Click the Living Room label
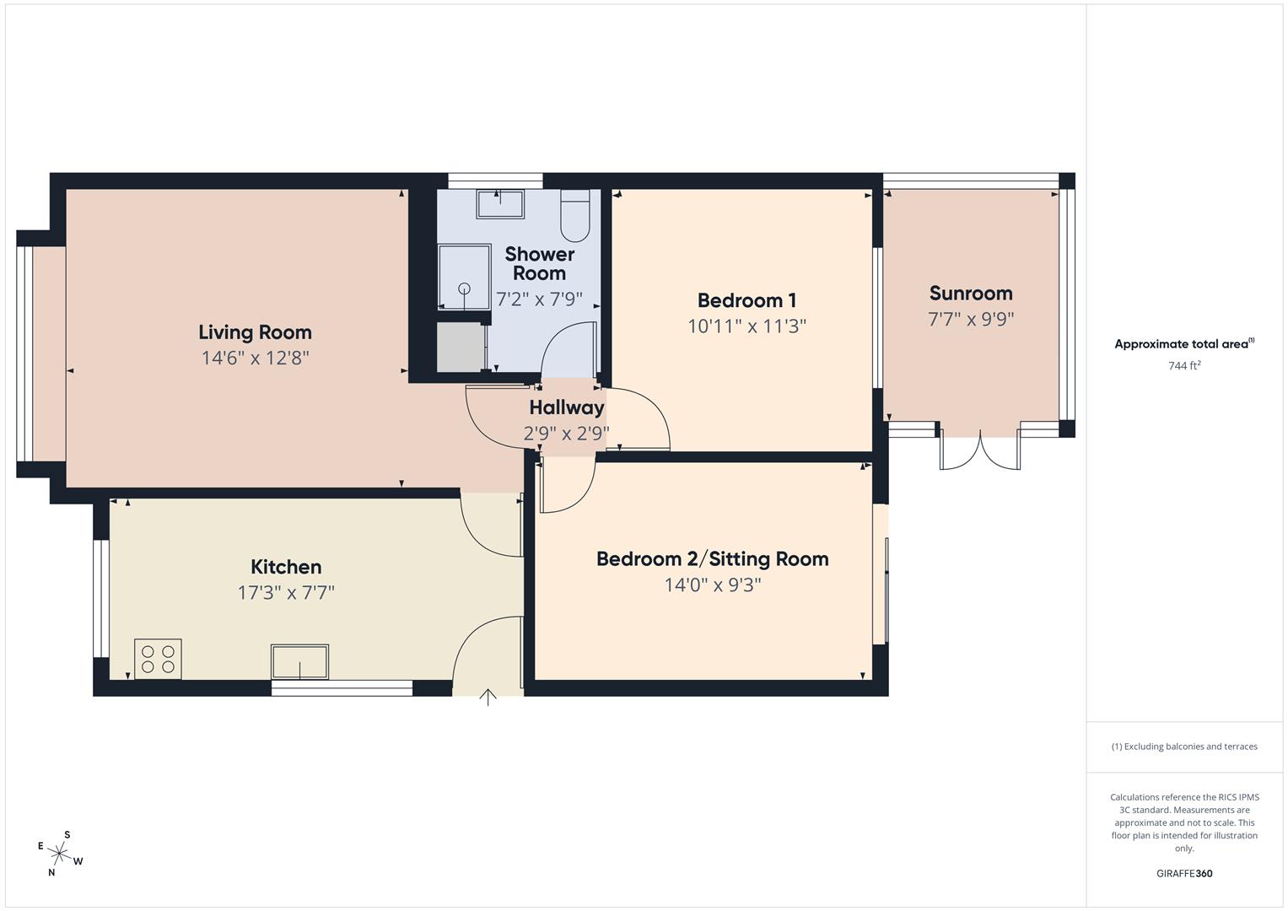pos(255,332)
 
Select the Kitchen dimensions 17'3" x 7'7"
pos(286,592)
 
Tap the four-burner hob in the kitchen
pos(158,659)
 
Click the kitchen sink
pos(299,661)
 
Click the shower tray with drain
pos(464,277)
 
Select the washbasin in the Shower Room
pos(499,204)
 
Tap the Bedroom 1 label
pos(746,300)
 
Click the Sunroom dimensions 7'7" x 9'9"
pos(970,320)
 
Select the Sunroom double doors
pos(980,449)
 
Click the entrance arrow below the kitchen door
pos(488,697)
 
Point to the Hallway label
pos(567,407)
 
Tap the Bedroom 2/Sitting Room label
pos(712,558)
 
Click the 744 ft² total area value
pos(1183,366)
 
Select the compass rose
pos(60,854)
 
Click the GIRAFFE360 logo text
pos(1183,873)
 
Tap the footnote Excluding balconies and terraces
pos(1183,747)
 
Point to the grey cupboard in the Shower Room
pos(461,347)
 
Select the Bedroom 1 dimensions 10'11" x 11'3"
pos(746,326)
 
